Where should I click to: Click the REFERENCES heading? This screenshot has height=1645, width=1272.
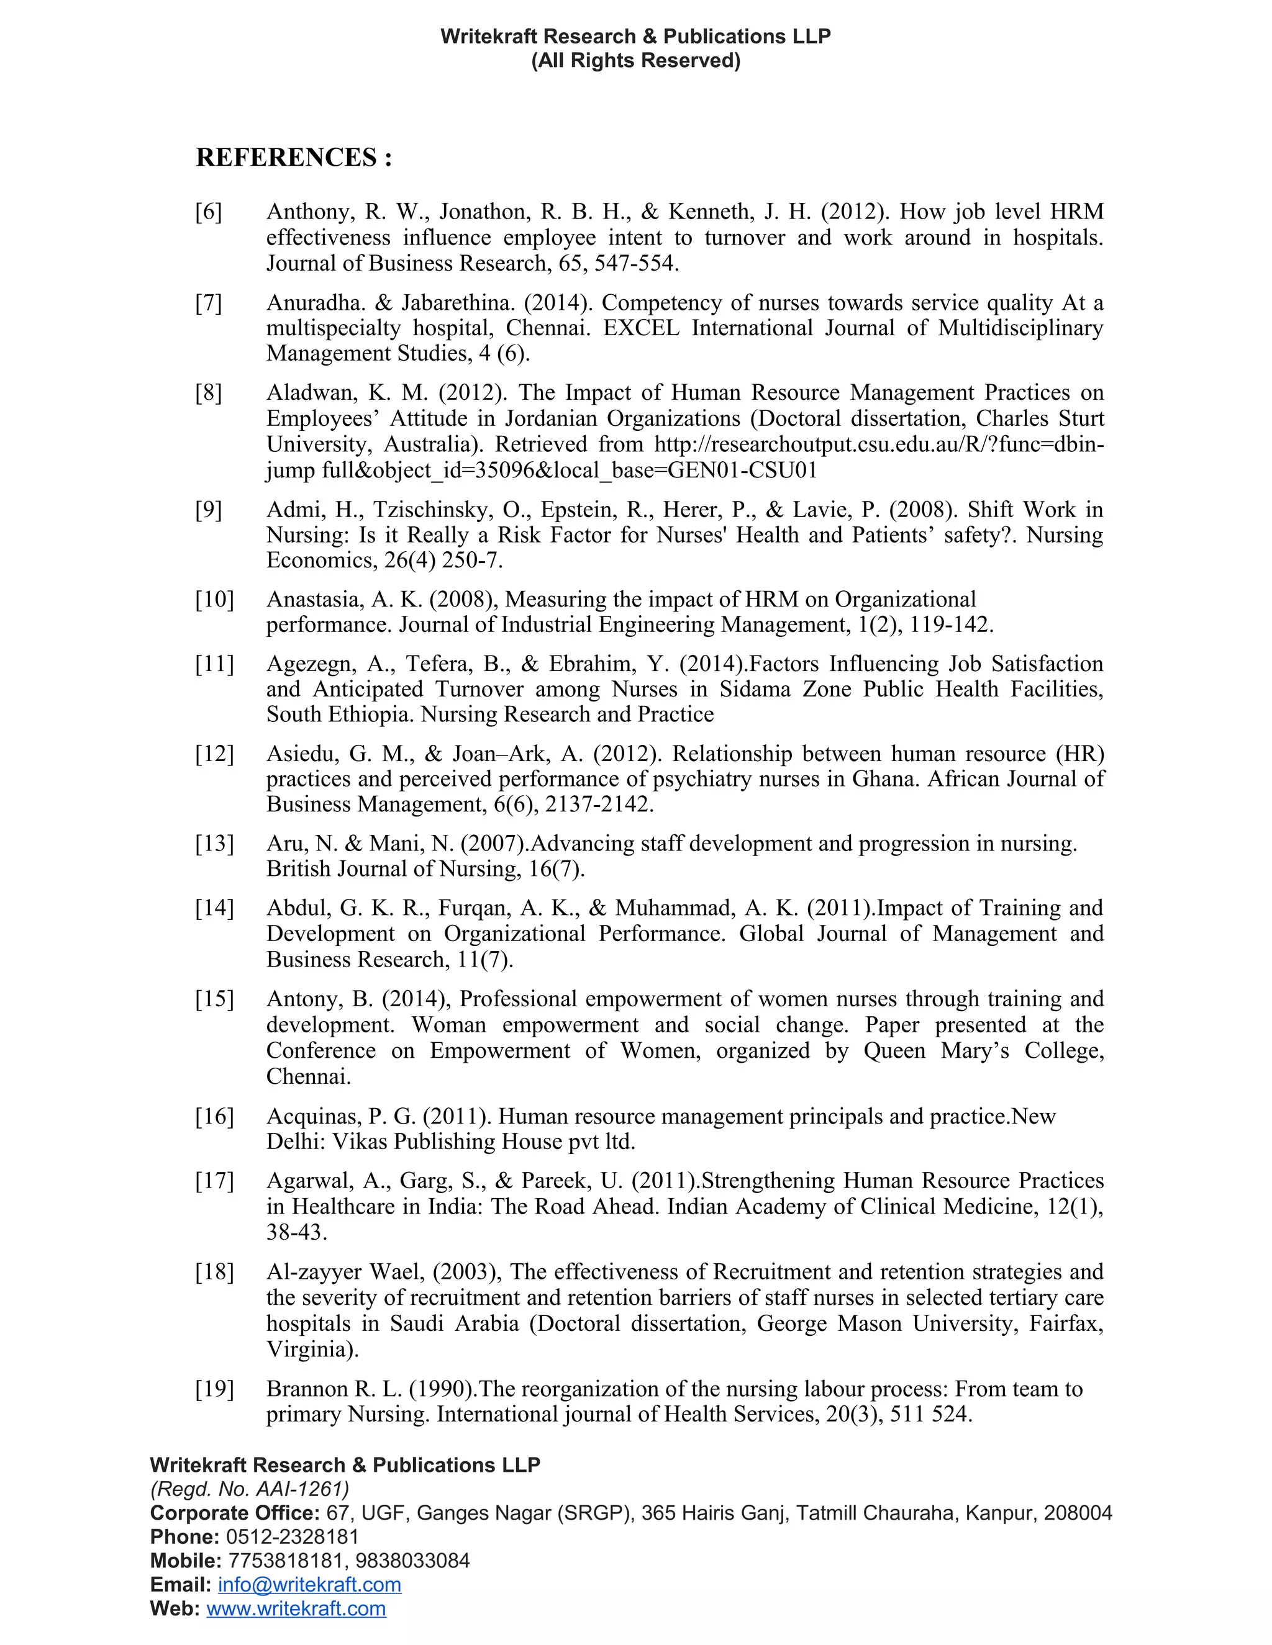tap(294, 158)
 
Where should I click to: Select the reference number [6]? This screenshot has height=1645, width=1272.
tap(209, 212)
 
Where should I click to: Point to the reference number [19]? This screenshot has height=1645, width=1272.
tap(215, 1388)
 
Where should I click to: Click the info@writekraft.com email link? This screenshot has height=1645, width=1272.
tap(309, 1584)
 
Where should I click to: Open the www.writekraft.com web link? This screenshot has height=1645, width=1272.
tap(296, 1608)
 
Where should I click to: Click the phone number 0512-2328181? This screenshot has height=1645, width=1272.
tap(293, 1536)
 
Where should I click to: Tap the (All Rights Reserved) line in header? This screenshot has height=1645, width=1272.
tap(635, 60)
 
